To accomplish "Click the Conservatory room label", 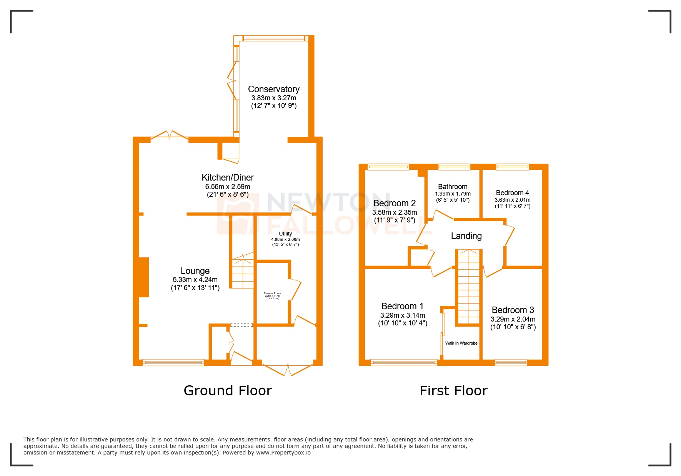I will click(273, 89).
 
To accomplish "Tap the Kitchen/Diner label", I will click(228, 177).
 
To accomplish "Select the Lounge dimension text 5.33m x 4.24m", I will click(195, 280).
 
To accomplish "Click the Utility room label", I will click(285, 234).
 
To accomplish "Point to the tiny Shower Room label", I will click(272, 294).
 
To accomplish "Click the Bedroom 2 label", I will click(395, 203).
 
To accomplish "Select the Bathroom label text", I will click(453, 187).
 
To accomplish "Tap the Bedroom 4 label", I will click(512, 193).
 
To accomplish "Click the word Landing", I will click(466, 236).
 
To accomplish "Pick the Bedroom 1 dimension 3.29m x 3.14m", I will click(403, 315).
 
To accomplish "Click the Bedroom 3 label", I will click(513, 310).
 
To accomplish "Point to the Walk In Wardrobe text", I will click(461, 343).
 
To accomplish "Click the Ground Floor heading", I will click(228, 391).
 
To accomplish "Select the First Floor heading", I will click(453, 391).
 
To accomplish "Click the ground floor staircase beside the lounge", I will click(243, 273).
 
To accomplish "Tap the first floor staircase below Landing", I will click(468, 288).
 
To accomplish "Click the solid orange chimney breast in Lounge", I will click(144, 277).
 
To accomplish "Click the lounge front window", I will click(173, 362).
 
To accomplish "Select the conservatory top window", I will click(274, 38).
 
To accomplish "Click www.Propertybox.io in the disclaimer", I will click(283, 453).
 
